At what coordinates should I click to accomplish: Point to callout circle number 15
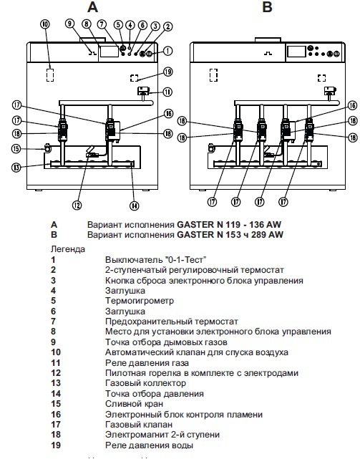(16, 149)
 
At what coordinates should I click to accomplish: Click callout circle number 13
(16, 168)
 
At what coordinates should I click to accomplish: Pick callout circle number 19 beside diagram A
(167, 72)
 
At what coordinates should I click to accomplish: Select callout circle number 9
(69, 23)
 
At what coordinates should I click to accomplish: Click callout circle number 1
(167, 50)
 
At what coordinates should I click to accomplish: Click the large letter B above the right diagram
(267, 8)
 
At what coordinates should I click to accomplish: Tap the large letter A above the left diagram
(92, 8)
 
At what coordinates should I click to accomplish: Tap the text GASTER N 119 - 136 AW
(222, 224)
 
